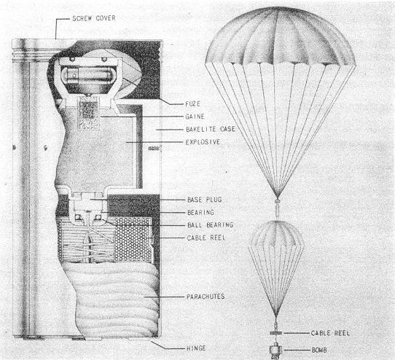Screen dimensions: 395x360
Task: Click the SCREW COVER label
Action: click(94, 18)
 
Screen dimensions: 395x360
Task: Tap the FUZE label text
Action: click(192, 103)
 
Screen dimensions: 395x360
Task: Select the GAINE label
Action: click(195, 117)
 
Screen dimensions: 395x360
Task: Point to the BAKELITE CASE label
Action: click(211, 129)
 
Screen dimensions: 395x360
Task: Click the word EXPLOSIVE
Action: click(203, 142)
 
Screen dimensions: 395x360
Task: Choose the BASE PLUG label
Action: click(205, 200)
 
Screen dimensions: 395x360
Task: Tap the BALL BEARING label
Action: click(211, 225)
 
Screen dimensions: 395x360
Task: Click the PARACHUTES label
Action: click(206, 297)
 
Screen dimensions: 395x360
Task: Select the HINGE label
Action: click(196, 348)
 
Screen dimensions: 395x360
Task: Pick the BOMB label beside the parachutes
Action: click(319, 350)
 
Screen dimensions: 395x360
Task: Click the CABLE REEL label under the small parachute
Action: click(330, 333)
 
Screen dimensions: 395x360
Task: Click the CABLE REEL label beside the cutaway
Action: click(206, 238)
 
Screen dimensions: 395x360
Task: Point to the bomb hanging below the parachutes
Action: click(276, 351)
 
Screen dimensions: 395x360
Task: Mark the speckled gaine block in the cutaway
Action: click(87, 114)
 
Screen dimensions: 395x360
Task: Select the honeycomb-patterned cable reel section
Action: click(133, 239)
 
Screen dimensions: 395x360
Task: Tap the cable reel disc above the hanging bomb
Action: click(276, 333)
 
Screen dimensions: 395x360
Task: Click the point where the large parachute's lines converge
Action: click(277, 198)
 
